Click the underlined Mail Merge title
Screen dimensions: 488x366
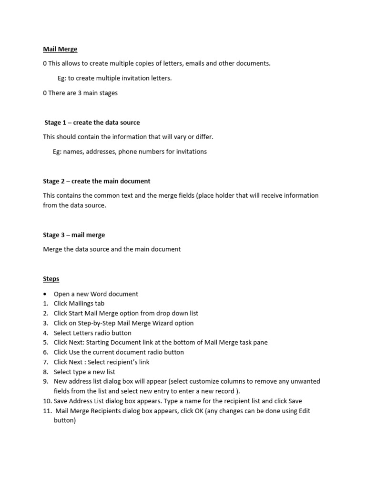[60, 49]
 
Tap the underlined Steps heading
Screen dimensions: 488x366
[51, 279]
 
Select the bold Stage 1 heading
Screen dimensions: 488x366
[92, 122]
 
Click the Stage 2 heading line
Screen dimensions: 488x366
[96, 181]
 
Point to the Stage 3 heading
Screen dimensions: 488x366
[74, 235]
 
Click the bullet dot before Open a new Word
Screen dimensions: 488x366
[45, 294]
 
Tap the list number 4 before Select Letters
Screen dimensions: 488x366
[45, 333]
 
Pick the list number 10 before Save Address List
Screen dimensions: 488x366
[47, 401]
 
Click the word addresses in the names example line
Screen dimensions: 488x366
[102, 152]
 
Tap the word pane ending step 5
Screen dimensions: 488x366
[260, 343]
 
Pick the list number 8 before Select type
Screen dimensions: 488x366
[45, 372]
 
